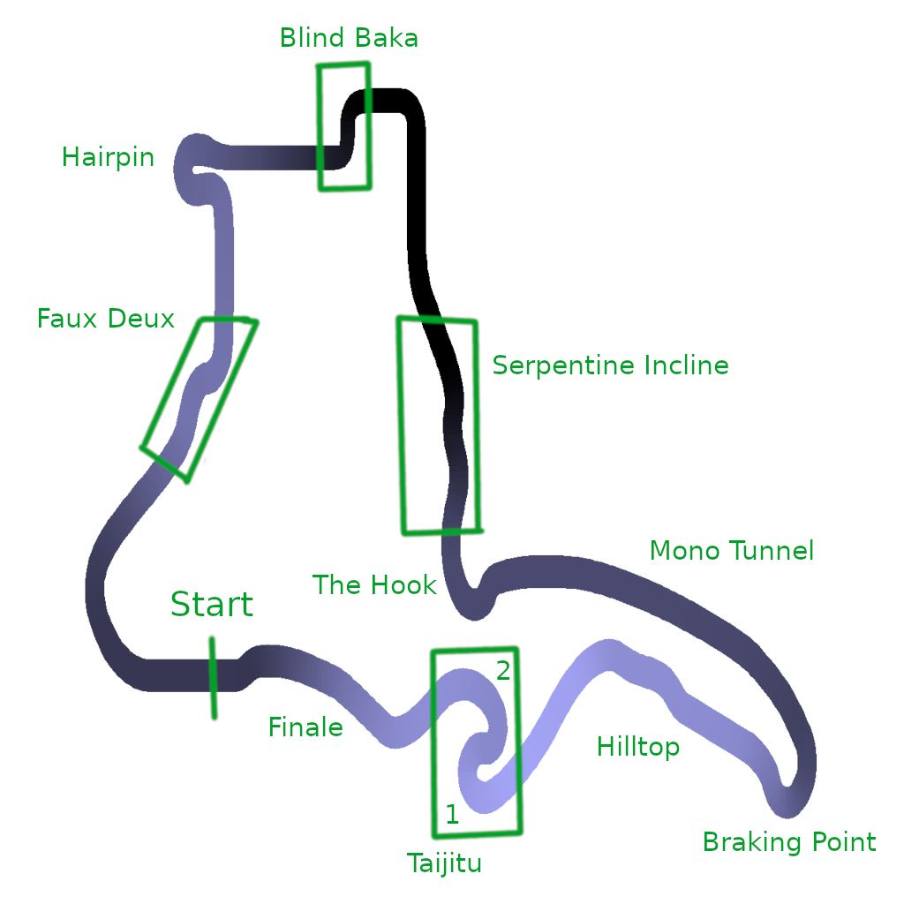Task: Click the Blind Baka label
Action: click(x=349, y=38)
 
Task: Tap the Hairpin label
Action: click(x=108, y=158)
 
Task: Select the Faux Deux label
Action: click(x=106, y=319)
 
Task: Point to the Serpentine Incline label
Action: click(x=610, y=365)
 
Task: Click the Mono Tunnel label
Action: click(x=731, y=552)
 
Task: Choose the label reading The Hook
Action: click(x=374, y=584)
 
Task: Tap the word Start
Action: click(x=211, y=605)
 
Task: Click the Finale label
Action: click(x=305, y=727)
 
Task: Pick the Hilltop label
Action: click(x=638, y=747)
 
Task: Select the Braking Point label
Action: click(x=789, y=842)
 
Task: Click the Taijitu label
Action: click(x=444, y=863)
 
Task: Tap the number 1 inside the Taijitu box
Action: click(x=452, y=814)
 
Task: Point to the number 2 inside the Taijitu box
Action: click(x=503, y=671)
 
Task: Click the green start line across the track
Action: click(x=213, y=677)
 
